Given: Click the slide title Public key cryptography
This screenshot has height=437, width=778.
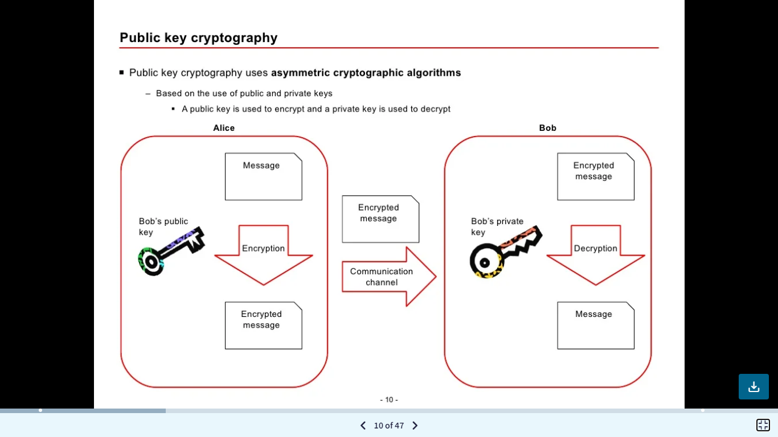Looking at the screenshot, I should tap(198, 38).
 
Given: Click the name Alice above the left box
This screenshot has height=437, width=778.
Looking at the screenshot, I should tap(224, 128).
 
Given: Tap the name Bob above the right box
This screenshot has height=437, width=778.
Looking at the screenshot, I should tap(547, 128).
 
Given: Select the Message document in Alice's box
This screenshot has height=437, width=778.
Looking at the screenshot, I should tap(263, 176).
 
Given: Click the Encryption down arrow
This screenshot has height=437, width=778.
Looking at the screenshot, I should tap(263, 254).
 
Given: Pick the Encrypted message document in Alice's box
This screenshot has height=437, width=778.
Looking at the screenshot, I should tap(263, 325).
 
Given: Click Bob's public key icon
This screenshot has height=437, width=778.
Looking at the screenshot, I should tap(170, 251).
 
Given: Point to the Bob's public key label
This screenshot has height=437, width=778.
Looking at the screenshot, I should tap(163, 226).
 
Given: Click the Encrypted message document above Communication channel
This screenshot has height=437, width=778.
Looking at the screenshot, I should tap(380, 219).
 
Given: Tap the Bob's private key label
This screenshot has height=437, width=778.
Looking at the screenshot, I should tap(497, 226).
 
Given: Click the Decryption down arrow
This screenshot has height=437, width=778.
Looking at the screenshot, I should tap(595, 254).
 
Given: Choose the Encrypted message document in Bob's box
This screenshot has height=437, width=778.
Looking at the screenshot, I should tap(595, 176).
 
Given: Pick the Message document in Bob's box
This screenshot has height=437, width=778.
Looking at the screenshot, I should tap(595, 325).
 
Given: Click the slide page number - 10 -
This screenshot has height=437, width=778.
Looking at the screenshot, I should tap(389, 399).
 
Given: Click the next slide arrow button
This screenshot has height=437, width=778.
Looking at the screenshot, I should tap(415, 426).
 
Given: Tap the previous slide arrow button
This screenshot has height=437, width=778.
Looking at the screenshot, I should tap(363, 426).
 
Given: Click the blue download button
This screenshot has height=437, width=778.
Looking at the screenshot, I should tap(754, 387).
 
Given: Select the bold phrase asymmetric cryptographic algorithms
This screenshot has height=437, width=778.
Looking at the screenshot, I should tap(366, 73).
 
